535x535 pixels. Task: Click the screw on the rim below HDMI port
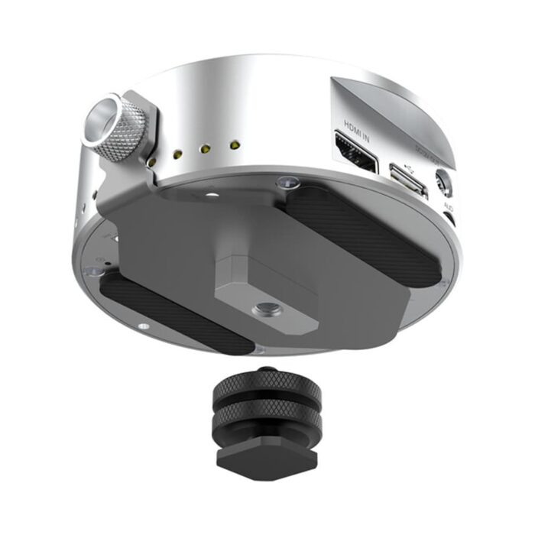click(287, 182)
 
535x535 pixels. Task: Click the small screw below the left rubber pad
click(142, 326)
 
